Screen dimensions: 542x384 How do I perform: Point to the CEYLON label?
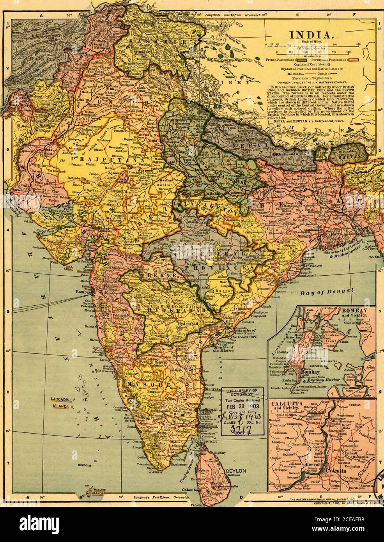tap(235, 471)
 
